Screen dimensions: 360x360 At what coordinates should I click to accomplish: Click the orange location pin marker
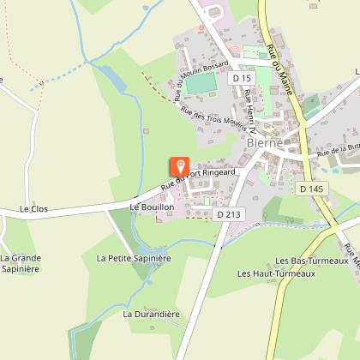[180, 166]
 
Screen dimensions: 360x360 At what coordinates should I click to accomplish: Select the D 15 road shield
[239, 77]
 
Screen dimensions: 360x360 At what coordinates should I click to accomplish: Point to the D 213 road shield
[226, 214]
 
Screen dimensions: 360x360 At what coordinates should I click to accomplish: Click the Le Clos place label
[33, 208]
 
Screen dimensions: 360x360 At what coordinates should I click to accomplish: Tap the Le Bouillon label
[152, 207]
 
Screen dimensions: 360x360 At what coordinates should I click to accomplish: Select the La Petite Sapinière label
[134, 257]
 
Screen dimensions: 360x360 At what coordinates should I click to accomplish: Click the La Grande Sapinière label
[21, 262]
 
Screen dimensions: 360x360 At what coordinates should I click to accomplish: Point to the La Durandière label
[151, 314]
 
